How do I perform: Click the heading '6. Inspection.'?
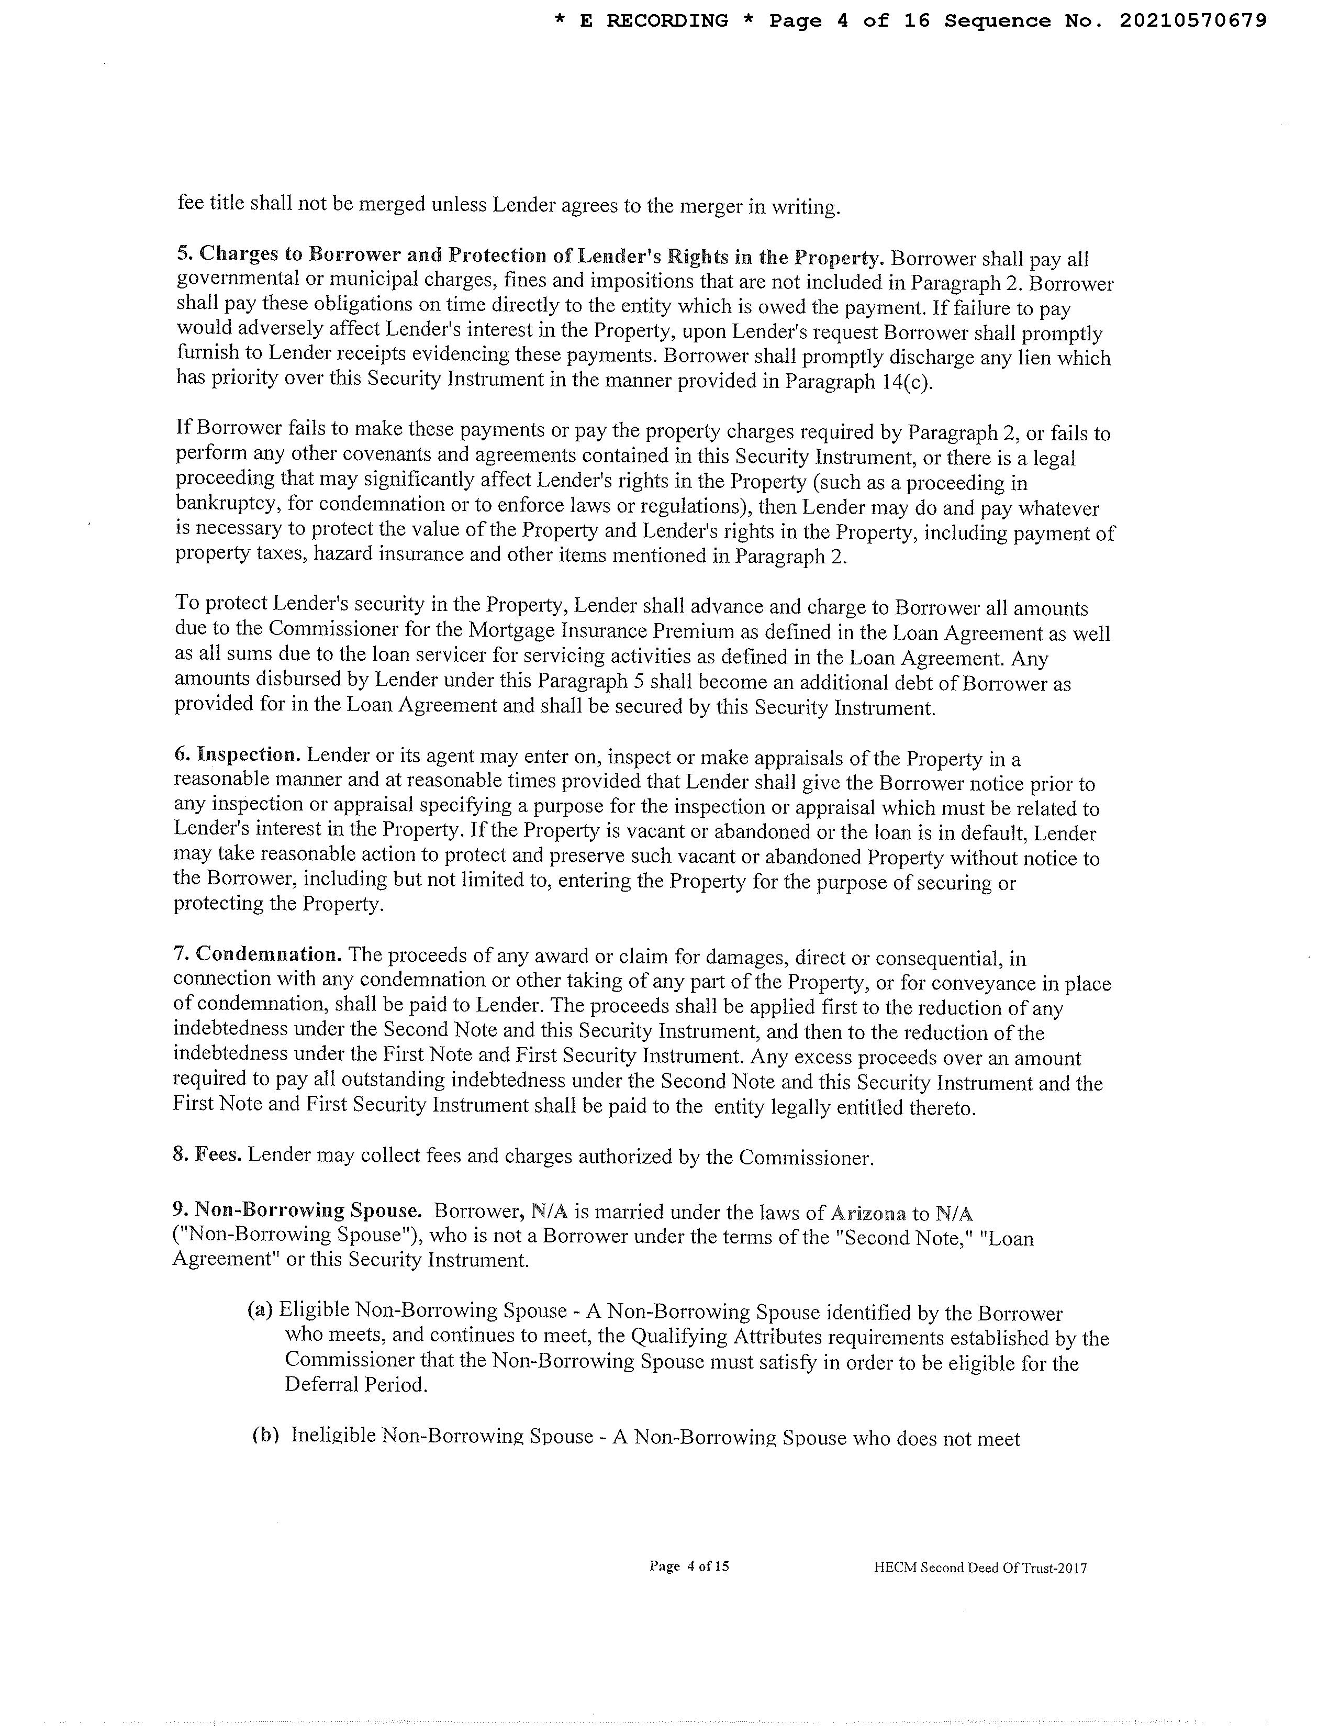point(239,754)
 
